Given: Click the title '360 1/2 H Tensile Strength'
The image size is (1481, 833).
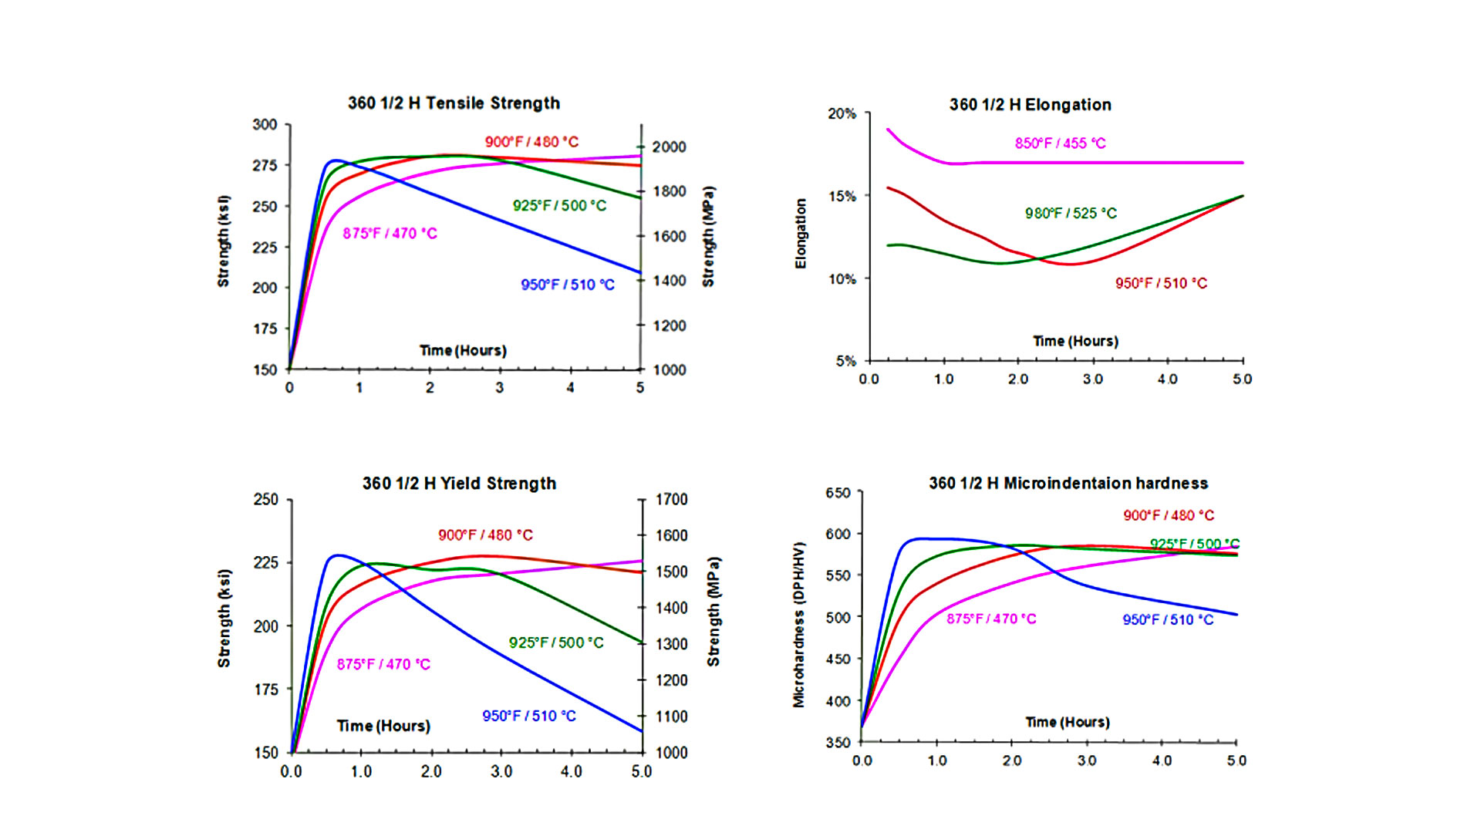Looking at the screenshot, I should pyautogui.click(x=454, y=103).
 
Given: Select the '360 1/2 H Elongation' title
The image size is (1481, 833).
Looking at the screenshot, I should pyautogui.click(x=1030, y=105).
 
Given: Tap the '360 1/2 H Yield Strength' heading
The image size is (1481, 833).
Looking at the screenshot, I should pyautogui.click(x=459, y=484).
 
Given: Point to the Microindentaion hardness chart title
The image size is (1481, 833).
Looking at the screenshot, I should pyautogui.click(x=1068, y=484).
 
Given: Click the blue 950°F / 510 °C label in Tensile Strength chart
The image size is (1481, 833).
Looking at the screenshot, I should pyautogui.click(x=567, y=285).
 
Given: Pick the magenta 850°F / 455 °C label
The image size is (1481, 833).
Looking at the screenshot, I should pyautogui.click(x=1060, y=143).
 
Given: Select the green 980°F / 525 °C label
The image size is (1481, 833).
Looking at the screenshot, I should pyautogui.click(x=1071, y=214).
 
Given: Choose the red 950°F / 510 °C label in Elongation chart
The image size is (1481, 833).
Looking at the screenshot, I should pyautogui.click(x=1161, y=284).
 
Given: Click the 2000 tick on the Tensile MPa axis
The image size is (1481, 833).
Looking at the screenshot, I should pyautogui.click(x=669, y=147).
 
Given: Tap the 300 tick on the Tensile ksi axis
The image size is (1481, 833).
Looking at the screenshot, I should pyautogui.click(x=265, y=125).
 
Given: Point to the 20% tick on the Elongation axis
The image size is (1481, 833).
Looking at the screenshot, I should pyautogui.click(x=842, y=114).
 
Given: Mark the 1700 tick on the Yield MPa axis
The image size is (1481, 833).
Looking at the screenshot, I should pyautogui.click(x=671, y=500).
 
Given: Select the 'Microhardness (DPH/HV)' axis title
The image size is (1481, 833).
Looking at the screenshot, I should pyautogui.click(x=799, y=625).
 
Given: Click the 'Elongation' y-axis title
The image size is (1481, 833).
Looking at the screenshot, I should pyautogui.click(x=801, y=234).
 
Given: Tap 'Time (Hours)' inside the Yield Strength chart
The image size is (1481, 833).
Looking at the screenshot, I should pyautogui.click(x=383, y=726).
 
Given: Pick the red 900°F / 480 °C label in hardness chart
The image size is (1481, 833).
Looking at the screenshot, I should pyautogui.click(x=1168, y=516).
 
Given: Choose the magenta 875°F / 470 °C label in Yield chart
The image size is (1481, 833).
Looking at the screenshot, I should pyautogui.click(x=383, y=665).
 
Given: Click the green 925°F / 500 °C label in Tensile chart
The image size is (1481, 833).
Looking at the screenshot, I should pyautogui.click(x=559, y=206).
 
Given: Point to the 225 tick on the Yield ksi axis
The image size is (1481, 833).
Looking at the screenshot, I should pyautogui.click(x=266, y=563).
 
